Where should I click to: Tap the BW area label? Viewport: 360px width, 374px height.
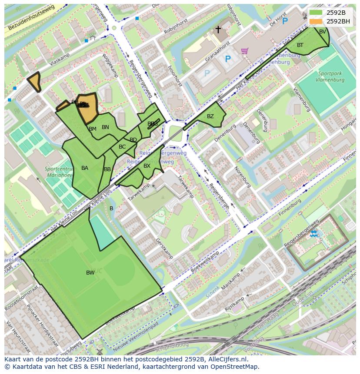(90, 273)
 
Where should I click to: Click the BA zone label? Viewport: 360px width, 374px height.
(85, 168)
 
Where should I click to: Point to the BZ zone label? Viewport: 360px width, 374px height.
(210, 116)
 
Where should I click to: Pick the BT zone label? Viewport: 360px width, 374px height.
(300, 45)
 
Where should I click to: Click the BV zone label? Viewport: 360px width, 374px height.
(323, 32)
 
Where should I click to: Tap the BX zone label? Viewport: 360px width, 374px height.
(147, 166)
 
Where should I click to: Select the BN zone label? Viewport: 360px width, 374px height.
(105, 127)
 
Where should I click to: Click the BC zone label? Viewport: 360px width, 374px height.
(122, 147)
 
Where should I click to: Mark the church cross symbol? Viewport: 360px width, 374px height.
(218, 30)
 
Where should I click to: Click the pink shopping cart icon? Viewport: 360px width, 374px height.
(245, 51)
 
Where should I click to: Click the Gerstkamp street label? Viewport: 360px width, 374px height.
(165, 248)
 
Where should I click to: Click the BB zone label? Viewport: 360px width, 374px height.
(107, 169)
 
